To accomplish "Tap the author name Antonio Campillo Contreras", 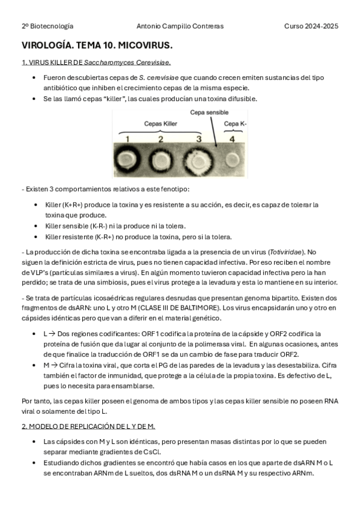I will (x=180, y=26).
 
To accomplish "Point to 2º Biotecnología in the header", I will (x=47, y=26).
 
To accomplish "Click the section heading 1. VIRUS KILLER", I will (x=96, y=62).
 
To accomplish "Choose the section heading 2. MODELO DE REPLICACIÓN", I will (x=88, y=426).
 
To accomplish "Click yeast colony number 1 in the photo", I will (x=127, y=159).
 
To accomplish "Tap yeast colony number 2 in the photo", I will (x=161, y=159).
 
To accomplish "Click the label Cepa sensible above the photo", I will (x=209, y=112).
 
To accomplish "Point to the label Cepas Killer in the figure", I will (x=160, y=123).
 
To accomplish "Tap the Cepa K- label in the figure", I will (x=235, y=123).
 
